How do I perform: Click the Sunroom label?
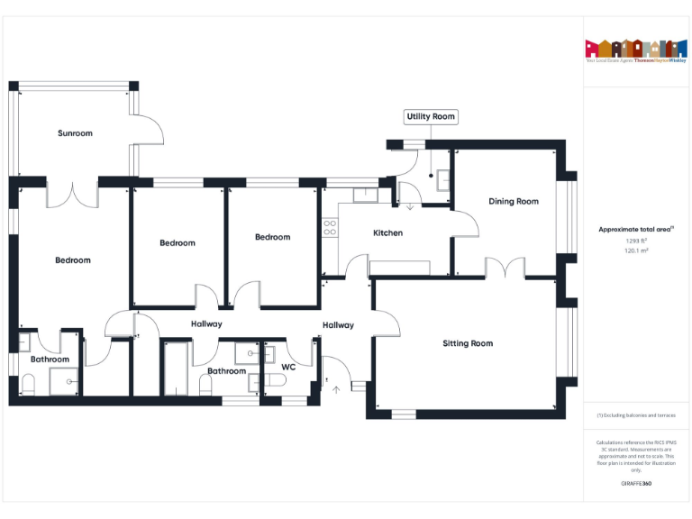click(75, 133)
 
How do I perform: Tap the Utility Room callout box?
click(432, 116)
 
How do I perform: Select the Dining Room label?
click(514, 201)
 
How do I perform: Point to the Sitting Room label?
click(468, 343)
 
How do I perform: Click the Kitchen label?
click(387, 232)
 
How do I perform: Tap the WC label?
click(288, 368)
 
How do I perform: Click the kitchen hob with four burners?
click(330, 227)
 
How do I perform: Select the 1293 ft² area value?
click(636, 241)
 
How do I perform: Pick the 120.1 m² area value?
click(636, 251)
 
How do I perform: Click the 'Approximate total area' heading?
click(636, 230)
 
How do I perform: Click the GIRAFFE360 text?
click(636, 484)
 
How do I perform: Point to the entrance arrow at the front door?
click(337, 389)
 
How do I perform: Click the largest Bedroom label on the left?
click(73, 260)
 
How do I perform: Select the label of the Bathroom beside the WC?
click(226, 371)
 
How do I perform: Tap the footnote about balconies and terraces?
click(636, 415)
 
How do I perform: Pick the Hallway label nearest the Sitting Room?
click(338, 325)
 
